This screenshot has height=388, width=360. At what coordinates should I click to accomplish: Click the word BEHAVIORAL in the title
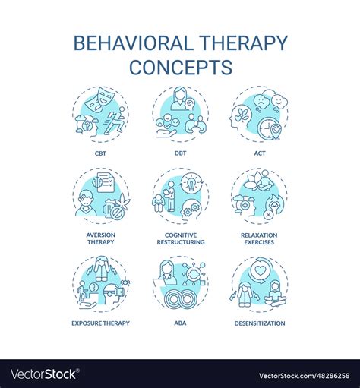(134, 43)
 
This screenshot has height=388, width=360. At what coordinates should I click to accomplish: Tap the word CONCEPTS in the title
(181, 67)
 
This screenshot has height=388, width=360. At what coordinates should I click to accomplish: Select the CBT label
(100, 153)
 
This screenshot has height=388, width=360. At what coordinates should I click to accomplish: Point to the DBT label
(181, 153)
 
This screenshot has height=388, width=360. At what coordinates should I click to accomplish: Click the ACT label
(260, 153)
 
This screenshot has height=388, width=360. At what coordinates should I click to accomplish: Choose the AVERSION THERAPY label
(101, 238)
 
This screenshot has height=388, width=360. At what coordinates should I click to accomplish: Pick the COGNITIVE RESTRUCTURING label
(181, 238)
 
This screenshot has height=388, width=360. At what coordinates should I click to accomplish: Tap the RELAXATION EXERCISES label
(259, 238)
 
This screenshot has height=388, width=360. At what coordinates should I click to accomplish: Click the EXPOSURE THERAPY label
(100, 323)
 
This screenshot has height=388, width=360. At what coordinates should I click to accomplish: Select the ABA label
(181, 323)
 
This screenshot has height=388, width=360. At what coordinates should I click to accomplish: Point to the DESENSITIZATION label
(260, 323)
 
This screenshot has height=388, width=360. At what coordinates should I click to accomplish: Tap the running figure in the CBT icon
(114, 120)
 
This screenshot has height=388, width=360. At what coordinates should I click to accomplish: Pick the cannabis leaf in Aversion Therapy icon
(123, 201)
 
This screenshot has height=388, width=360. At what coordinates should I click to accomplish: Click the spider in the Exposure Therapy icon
(125, 282)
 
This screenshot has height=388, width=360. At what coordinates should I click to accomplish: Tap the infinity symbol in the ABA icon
(181, 299)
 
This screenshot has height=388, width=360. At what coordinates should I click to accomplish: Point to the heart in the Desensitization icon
(259, 271)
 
